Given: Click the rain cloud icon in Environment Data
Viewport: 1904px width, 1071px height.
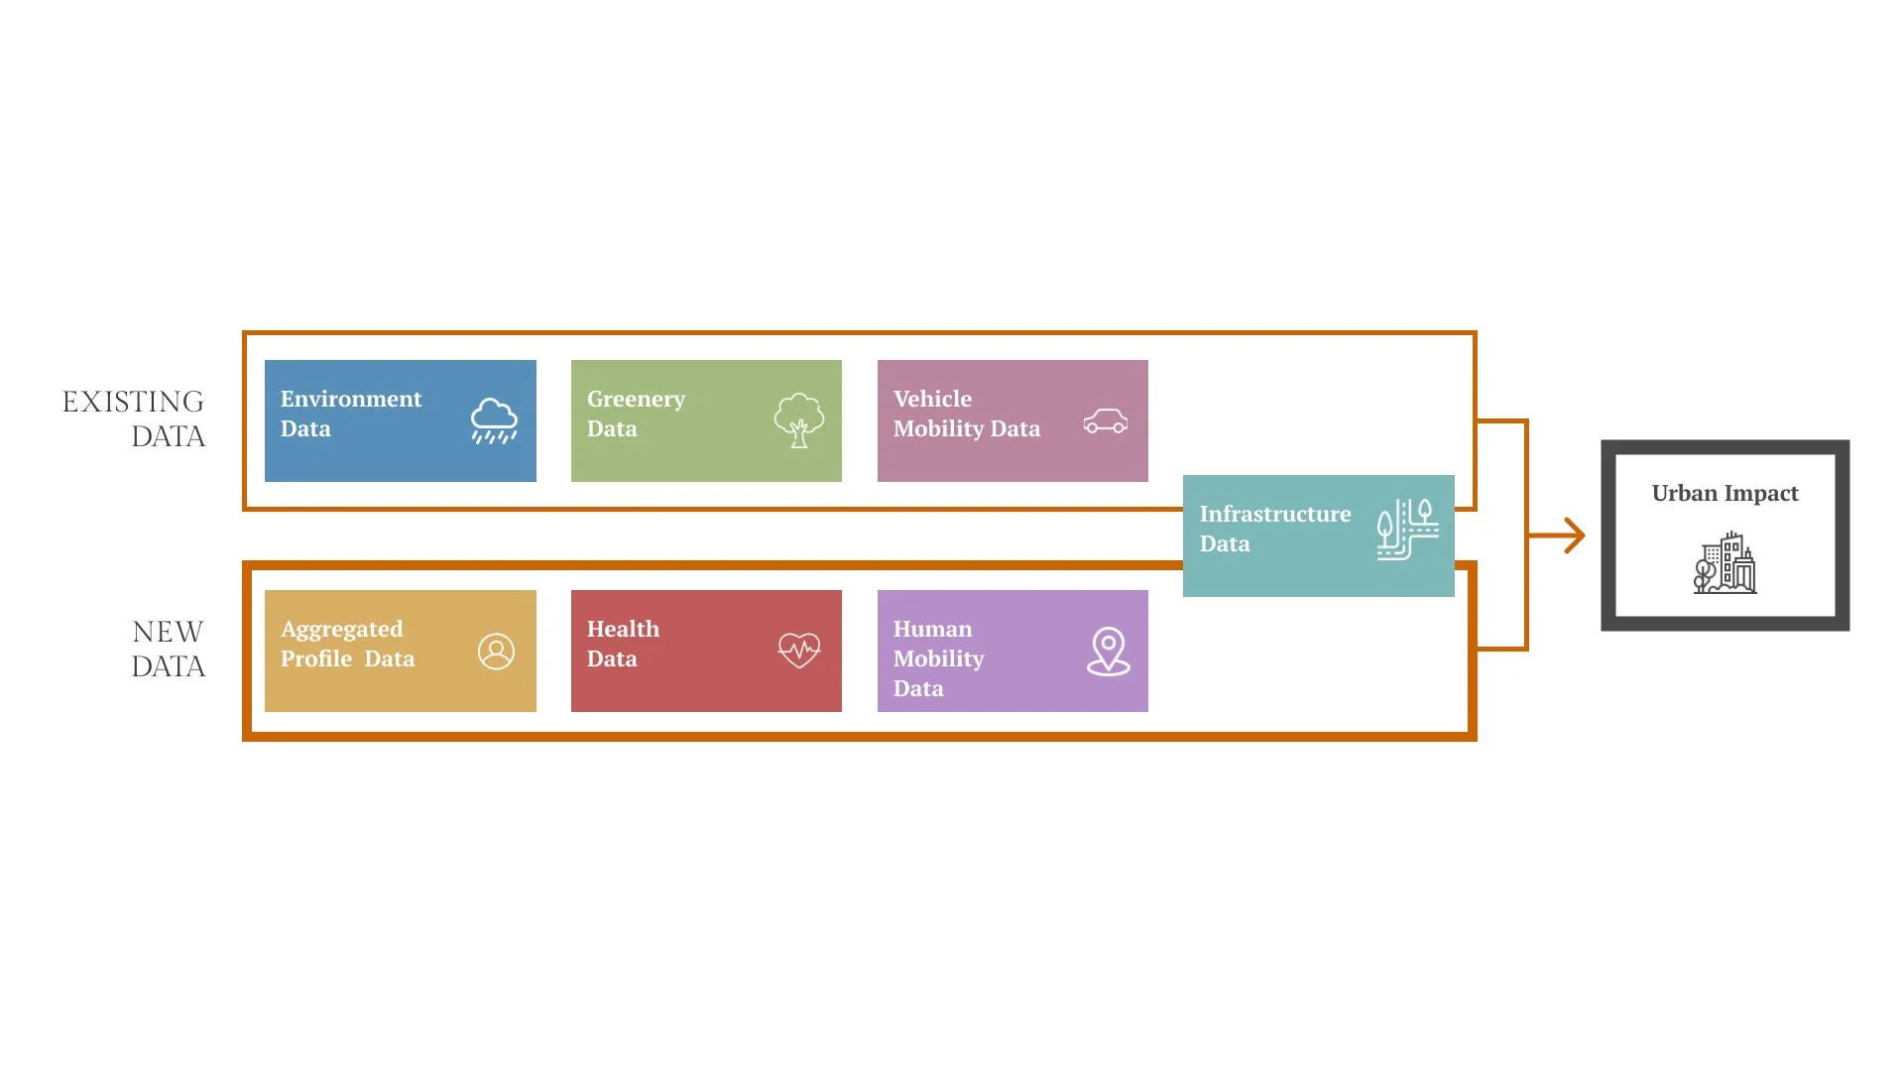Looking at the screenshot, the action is pos(494,421).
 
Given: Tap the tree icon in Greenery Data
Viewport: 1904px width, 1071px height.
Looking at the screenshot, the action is pos(798,420).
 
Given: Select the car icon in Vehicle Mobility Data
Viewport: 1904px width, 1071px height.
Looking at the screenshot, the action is pos(1106,421).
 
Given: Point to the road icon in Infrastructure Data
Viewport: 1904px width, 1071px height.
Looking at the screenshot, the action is pos(1407,530).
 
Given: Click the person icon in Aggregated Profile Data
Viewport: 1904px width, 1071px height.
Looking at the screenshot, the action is pos(496,652).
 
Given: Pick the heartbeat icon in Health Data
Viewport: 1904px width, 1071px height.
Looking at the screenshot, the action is pos(799,651).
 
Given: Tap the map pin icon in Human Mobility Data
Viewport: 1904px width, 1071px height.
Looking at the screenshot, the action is pos(1108,652).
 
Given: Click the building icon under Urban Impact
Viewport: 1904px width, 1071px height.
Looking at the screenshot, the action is pos(1725,563).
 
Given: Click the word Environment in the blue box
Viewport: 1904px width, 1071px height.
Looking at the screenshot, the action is pos(351,399).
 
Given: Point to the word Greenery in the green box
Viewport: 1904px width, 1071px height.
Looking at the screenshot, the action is pos(636,399).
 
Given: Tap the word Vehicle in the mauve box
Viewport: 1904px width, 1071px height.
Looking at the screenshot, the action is pos(932,399).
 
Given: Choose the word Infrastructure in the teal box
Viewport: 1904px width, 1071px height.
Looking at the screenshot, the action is pos(1274,514).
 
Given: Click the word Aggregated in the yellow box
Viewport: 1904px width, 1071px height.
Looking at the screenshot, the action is pos(341,630).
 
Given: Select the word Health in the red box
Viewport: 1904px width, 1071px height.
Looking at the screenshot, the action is pos(623,629).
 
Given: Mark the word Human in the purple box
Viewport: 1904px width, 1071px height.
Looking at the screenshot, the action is pos(932,629).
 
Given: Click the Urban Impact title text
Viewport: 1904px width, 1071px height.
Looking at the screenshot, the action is pos(1725,493).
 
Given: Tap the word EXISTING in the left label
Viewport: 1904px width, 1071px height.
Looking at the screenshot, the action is pos(133,402).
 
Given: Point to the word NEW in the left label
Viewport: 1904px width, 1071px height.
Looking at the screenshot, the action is pos(168,632).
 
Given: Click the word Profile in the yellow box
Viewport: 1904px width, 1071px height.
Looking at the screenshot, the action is pos(315,658).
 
